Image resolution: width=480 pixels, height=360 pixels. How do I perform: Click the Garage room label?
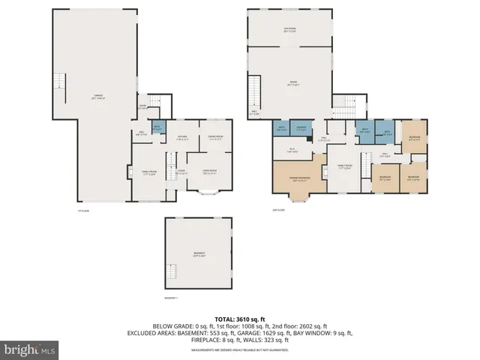(98, 97)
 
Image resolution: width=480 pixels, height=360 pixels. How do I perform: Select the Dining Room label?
(215, 136)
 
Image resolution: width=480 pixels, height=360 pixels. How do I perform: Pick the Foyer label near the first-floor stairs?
(181, 172)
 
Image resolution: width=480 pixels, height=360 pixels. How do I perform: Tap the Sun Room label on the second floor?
(289, 31)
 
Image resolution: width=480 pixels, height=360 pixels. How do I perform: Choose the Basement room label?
(199, 256)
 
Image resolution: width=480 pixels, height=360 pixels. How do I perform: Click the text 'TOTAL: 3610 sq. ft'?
(240, 318)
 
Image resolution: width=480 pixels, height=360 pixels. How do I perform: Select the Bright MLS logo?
(30, 349)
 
